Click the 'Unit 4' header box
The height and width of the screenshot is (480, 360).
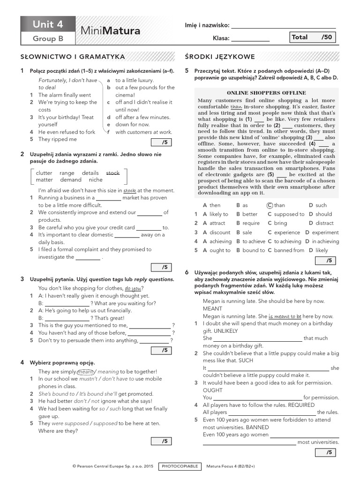click(x=47, y=24)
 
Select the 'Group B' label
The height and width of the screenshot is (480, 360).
click(x=47, y=39)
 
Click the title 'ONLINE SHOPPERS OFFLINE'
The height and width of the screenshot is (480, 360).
click(x=266, y=93)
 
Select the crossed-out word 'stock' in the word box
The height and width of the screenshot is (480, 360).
click(x=112, y=173)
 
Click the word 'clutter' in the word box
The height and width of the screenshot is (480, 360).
click(x=44, y=173)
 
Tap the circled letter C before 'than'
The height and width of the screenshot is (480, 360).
click(x=270, y=205)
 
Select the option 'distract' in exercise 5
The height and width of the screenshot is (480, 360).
click(x=324, y=223)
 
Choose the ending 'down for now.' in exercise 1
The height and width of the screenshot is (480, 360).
click(x=133, y=125)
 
